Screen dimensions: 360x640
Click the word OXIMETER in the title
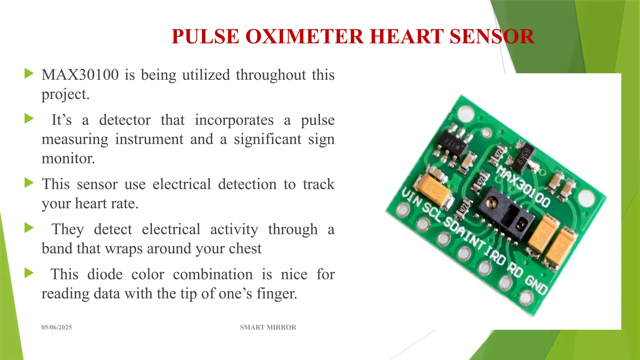[305, 37]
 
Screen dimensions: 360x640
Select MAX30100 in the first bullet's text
[80, 75]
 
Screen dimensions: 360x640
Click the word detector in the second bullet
[125, 120]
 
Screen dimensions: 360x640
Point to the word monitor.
[68, 158]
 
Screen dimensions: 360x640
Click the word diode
[105, 274]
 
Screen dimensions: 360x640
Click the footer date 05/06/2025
[57, 327]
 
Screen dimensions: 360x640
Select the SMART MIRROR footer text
[268, 327]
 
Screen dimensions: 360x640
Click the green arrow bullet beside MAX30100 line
[29, 74]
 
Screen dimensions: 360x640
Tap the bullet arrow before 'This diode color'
[29, 273]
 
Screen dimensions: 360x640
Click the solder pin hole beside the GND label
[526, 297]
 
